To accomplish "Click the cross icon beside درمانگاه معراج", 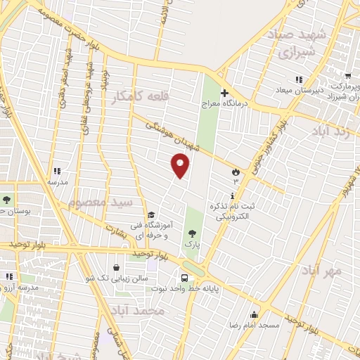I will (x=224, y=93).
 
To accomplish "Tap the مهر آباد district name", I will (x=322, y=270).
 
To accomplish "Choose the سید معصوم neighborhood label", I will (x=101, y=204).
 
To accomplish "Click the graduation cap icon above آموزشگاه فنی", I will (x=151, y=215).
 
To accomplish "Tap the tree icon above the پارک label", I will (x=192, y=233).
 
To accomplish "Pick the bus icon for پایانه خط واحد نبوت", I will (x=184, y=277).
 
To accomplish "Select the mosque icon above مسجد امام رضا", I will (x=254, y=314).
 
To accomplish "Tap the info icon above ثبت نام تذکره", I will (x=233, y=195).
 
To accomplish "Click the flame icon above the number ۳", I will (x=235, y=172).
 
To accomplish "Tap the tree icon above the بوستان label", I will (x=6, y=199).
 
